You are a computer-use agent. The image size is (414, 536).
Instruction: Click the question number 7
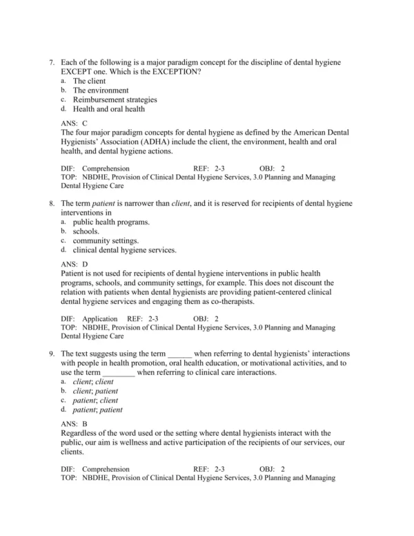pyautogui.click(x=51, y=62)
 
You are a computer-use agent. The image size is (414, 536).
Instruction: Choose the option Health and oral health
pyautogui.click(x=108, y=109)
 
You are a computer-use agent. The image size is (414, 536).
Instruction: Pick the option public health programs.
pyautogui.click(x=111, y=222)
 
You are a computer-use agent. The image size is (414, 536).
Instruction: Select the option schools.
pyautogui.click(x=86, y=232)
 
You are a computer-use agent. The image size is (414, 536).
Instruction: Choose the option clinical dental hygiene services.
pyautogui.click(x=124, y=251)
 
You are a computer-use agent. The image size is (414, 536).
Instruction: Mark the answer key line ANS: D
pyautogui.click(x=75, y=264)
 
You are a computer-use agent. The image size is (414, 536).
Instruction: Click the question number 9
pyautogui.click(x=51, y=354)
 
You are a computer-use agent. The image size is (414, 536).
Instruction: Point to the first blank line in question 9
pyautogui.click(x=179, y=354)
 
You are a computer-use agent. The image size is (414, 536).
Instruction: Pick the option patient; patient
pyautogui.click(x=97, y=410)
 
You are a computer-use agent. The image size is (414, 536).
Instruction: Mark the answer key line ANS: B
pyautogui.click(x=75, y=423)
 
